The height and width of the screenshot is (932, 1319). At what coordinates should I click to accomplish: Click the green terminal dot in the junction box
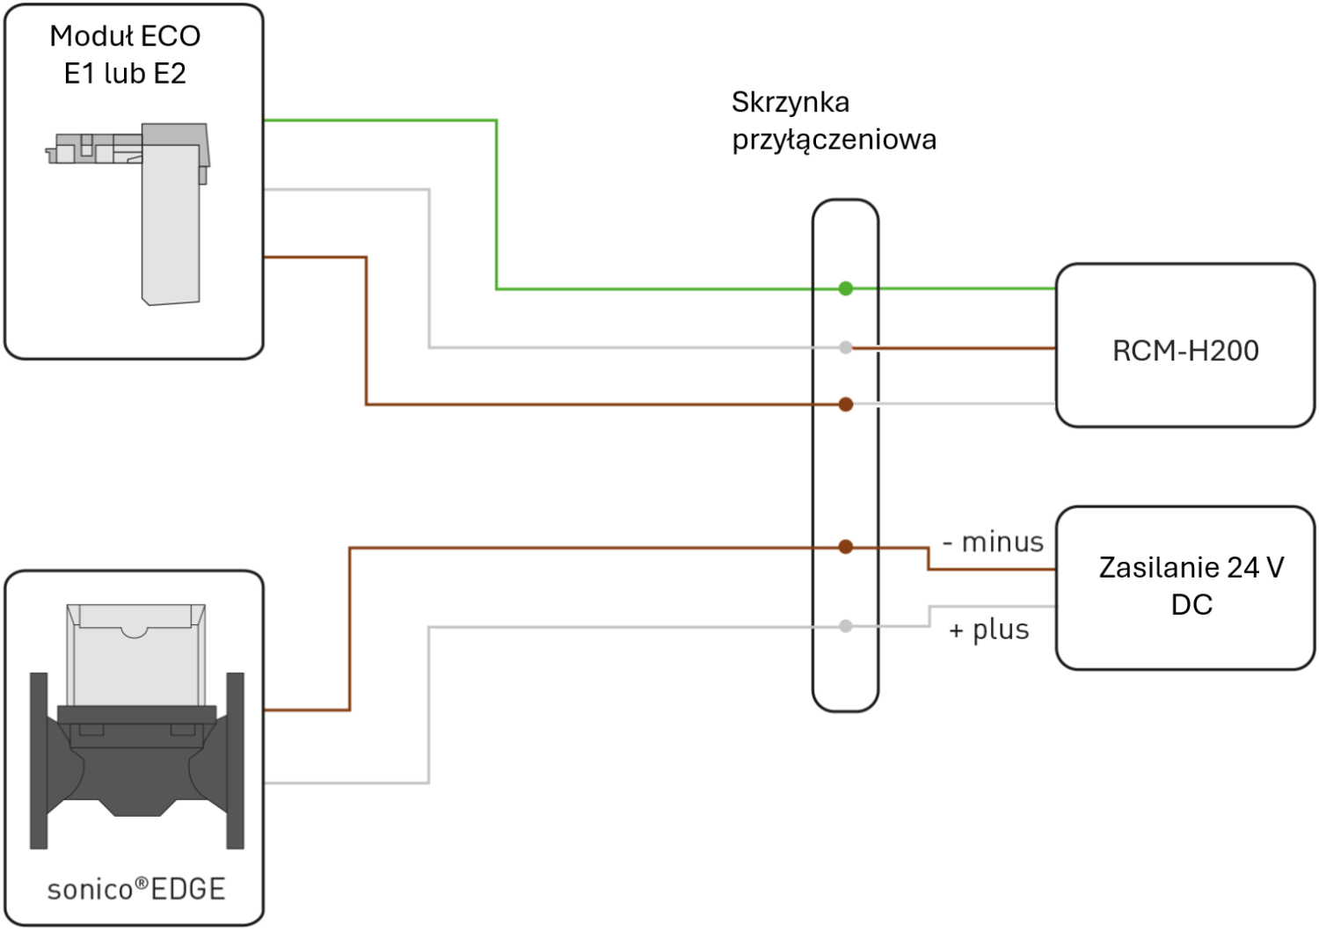click(846, 288)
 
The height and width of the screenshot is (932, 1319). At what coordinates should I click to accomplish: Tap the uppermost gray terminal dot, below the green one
click(846, 347)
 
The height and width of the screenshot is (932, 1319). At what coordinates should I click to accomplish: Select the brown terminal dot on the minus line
click(846, 547)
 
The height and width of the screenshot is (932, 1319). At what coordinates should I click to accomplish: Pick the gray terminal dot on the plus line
click(846, 626)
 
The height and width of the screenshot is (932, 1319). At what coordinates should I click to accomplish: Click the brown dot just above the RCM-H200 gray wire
click(846, 404)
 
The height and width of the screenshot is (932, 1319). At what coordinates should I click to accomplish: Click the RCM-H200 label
click(1185, 351)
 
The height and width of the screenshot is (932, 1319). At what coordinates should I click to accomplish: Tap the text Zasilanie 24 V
click(1191, 568)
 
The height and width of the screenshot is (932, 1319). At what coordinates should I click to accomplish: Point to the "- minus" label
click(993, 542)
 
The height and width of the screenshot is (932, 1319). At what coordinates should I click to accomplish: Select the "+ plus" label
click(989, 630)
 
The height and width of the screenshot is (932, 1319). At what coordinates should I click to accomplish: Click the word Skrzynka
click(791, 103)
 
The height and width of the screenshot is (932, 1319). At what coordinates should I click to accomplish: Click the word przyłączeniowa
click(834, 140)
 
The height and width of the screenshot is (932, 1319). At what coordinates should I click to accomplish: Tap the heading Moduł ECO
click(125, 37)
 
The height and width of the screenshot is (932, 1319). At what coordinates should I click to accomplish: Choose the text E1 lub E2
click(125, 74)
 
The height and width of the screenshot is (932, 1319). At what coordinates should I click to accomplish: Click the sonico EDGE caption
click(136, 888)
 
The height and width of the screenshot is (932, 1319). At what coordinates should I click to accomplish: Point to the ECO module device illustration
click(128, 215)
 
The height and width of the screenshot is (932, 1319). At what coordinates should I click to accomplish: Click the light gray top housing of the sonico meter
click(136, 655)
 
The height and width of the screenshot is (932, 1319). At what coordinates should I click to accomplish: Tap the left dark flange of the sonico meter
click(39, 761)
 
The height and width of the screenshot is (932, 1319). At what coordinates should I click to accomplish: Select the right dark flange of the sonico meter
click(236, 761)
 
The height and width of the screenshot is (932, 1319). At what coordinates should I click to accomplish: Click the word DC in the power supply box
click(1191, 605)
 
